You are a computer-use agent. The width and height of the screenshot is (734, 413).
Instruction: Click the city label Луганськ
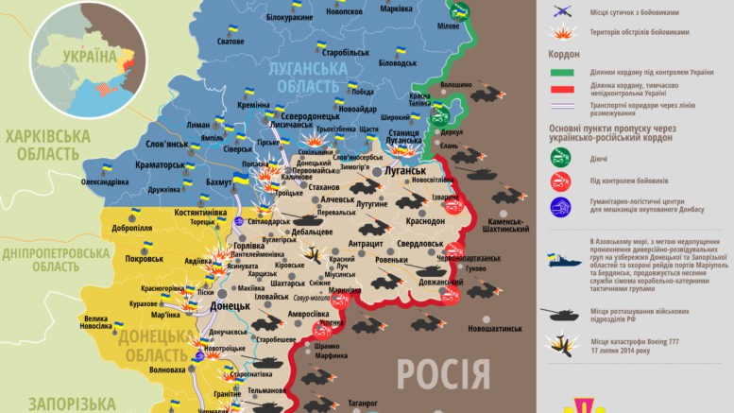[403, 172]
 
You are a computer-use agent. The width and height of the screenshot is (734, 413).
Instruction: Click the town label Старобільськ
[343, 53]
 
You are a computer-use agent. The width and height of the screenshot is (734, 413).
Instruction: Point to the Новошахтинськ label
[491, 328]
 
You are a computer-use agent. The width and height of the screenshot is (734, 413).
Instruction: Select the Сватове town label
[230, 68]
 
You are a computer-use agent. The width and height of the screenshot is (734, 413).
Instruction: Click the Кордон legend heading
[564, 54]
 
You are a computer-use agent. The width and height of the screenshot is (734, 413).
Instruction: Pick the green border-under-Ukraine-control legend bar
[564, 74]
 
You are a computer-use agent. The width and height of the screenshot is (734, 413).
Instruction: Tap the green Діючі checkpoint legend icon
[561, 158]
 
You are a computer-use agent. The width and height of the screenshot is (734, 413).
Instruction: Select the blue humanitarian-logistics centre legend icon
[561, 206]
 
